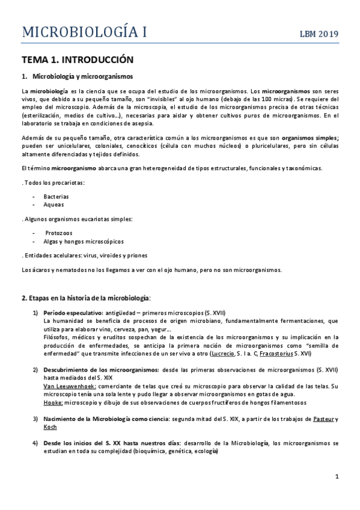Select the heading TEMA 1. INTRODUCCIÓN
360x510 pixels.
(x=77, y=60)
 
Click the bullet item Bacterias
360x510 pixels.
(x=56, y=196)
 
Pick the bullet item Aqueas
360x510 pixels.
(x=53, y=204)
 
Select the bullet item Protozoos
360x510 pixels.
(x=58, y=232)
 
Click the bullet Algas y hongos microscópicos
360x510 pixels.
(x=81, y=241)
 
